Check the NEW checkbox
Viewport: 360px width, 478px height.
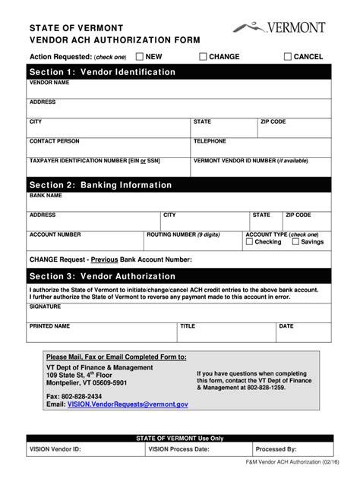[x=140, y=56]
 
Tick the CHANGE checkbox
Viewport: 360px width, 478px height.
[x=203, y=56]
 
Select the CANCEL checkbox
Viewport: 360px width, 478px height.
[x=288, y=56]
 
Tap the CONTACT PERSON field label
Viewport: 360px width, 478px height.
[x=54, y=141]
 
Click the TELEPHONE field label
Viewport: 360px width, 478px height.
[x=210, y=141]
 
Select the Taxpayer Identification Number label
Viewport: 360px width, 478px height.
[x=94, y=161]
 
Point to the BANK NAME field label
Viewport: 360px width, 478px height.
[x=46, y=195]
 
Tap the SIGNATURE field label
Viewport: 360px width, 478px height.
[x=46, y=307]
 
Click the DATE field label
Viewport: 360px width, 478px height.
[x=286, y=326]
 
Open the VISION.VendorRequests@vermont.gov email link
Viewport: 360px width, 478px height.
[x=127, y=404]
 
